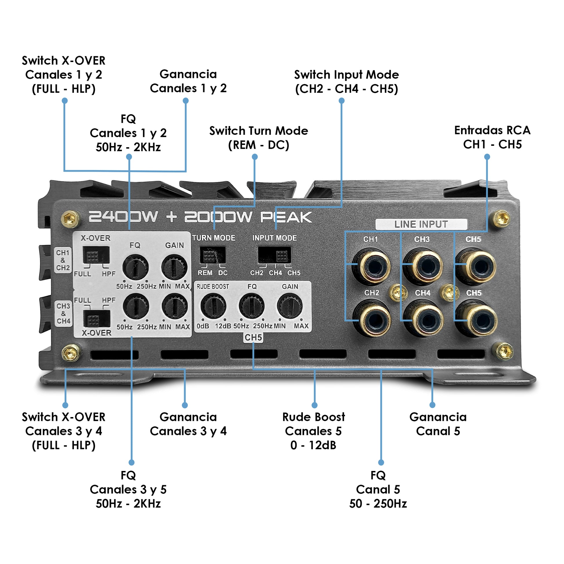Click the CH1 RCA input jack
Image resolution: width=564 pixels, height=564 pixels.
pos(374,266)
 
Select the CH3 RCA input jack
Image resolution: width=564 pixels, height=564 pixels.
pos(426,266)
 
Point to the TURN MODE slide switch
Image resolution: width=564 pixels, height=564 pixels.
pos(212,255)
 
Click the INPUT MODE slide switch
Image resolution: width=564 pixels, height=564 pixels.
pos(274,255)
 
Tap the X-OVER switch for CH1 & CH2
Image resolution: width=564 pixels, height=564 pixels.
pos(96,255)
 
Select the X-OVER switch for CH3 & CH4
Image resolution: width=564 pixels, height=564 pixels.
pos(97,319)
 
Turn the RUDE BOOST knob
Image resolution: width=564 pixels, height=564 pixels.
pos(213,306)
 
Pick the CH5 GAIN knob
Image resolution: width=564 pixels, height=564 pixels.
pos(290,306)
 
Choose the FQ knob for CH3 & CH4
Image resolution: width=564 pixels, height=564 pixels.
pos(136,306)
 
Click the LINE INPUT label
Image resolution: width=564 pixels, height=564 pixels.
pos(421,224)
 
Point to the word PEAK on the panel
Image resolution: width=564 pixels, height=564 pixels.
pos(286,217)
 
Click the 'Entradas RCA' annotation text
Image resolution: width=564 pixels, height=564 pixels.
pos(492,137)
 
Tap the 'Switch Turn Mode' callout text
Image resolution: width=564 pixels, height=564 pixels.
pos(259,138)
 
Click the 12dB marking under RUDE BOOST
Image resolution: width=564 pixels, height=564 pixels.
pos(223,326)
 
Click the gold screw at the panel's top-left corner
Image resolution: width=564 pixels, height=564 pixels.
pos(70,219)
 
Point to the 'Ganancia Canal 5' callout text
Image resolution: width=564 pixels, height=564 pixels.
pos(438,424)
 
